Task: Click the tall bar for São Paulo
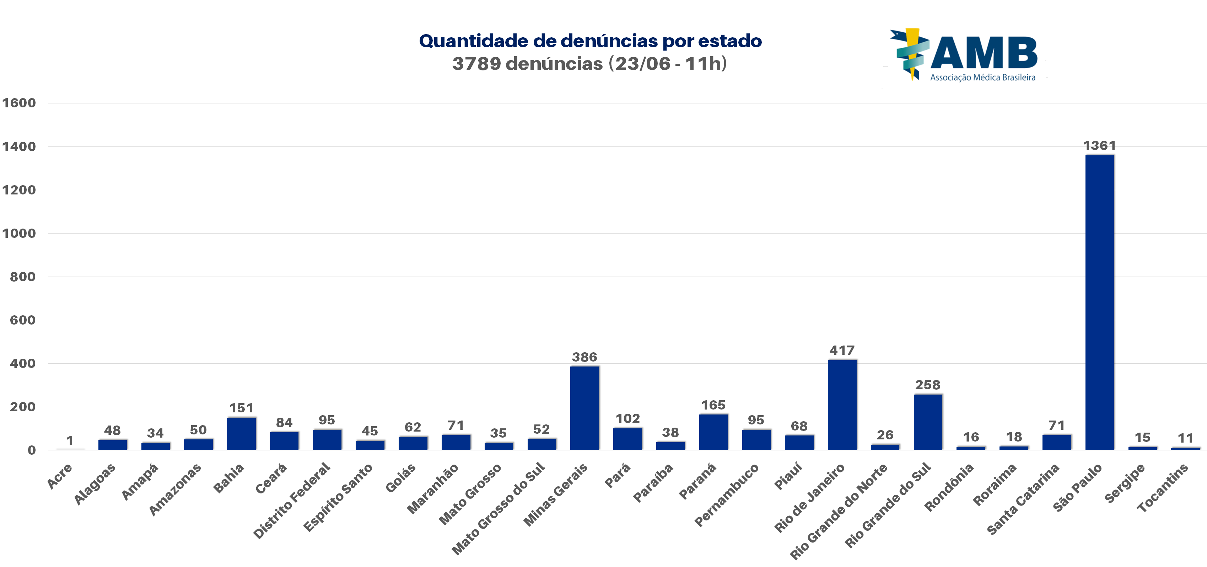(1099, 302)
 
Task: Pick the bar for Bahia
(241, 433)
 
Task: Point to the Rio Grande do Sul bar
(928, 422)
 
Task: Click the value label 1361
(1099, 146)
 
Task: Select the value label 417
(842, 351)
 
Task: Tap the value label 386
(584, 357)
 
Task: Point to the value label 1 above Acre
(70, 441)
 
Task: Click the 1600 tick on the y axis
(19, 103)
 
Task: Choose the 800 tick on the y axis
(22, 277)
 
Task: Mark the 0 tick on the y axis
(31, 450)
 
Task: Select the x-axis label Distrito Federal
(291, 501)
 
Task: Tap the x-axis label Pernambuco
(726, 495)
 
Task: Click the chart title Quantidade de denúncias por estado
(591, 41)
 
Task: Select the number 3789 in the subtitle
(476, 64)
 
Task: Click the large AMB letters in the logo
(984, 53)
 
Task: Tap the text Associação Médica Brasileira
(982, 78)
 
